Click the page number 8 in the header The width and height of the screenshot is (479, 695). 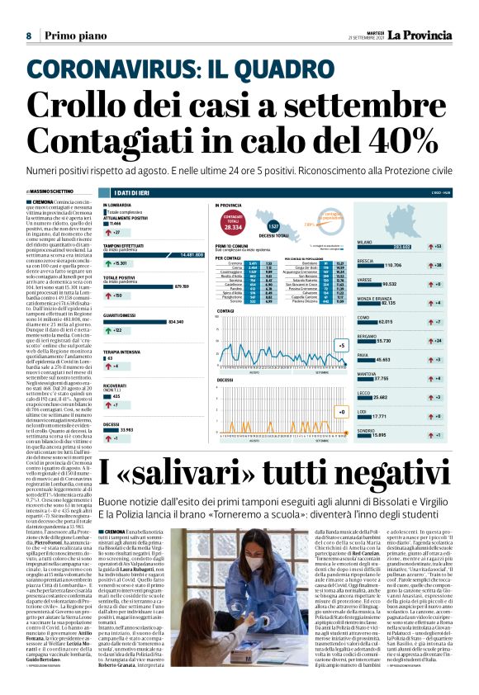coord(28,35)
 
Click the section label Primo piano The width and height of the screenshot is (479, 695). coord(72,35)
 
